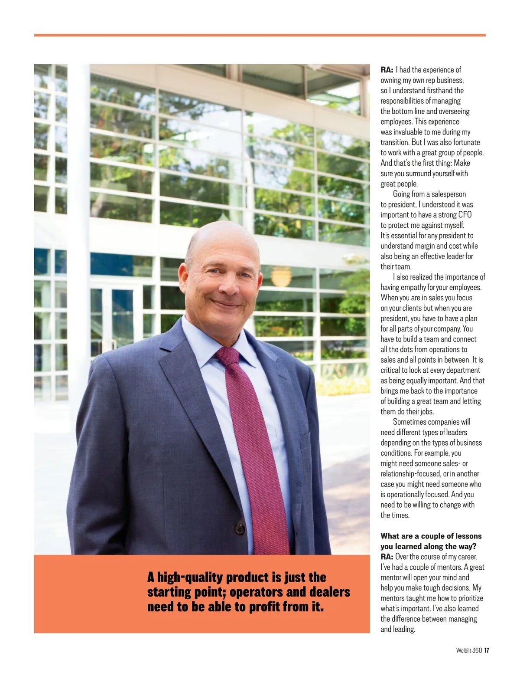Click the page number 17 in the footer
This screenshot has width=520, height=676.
(x=487, y=650)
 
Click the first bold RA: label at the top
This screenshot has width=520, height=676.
(x=387, y=70)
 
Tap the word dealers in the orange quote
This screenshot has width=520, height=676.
(x=330, y=592)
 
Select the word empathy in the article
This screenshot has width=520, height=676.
(x=414, y=287)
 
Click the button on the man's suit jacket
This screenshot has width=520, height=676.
(x=240, y=528)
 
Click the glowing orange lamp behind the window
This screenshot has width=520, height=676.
(x=280, y=276)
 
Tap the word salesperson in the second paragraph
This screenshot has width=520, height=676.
(x=448, y=194)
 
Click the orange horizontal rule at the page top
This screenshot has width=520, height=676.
(x=260, y=35)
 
